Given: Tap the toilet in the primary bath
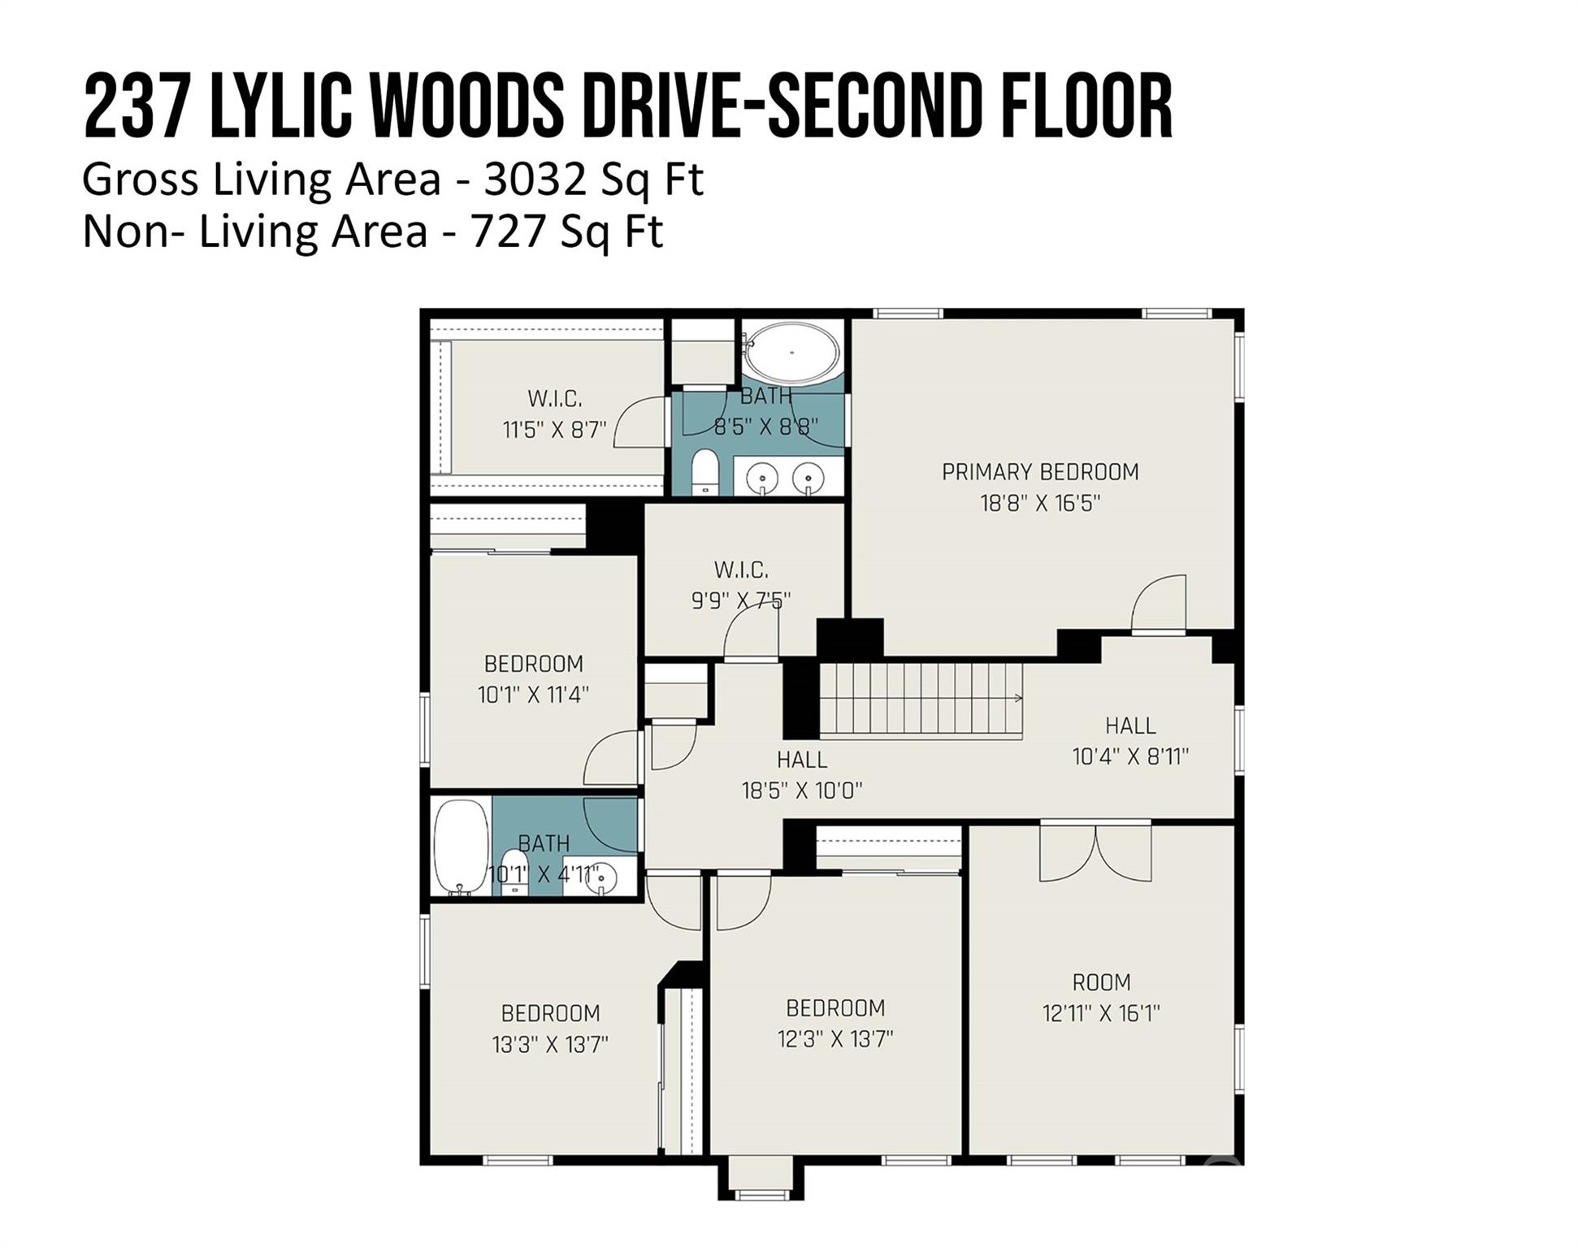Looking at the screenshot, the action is tap(704, 471).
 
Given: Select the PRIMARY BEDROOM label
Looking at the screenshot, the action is tap(1040, 472).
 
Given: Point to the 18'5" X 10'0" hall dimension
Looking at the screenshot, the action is tap(802, 790).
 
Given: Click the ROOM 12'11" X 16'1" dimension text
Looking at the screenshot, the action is tap(1101, 1013).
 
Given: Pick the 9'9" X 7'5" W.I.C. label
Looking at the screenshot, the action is tap(741, 600).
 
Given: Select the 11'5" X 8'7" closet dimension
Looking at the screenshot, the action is tap(555, 430).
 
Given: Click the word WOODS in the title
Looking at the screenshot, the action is tap(466, 106).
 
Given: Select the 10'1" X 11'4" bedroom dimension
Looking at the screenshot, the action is tap(533, 695).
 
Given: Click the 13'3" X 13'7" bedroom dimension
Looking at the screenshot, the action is tap(550, 1044).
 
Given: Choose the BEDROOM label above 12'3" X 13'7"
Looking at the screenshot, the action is tap(835, 1008).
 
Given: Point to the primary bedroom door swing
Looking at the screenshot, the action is tap(1159, 602).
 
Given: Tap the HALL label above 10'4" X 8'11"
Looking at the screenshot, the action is tap(1130, 726).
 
